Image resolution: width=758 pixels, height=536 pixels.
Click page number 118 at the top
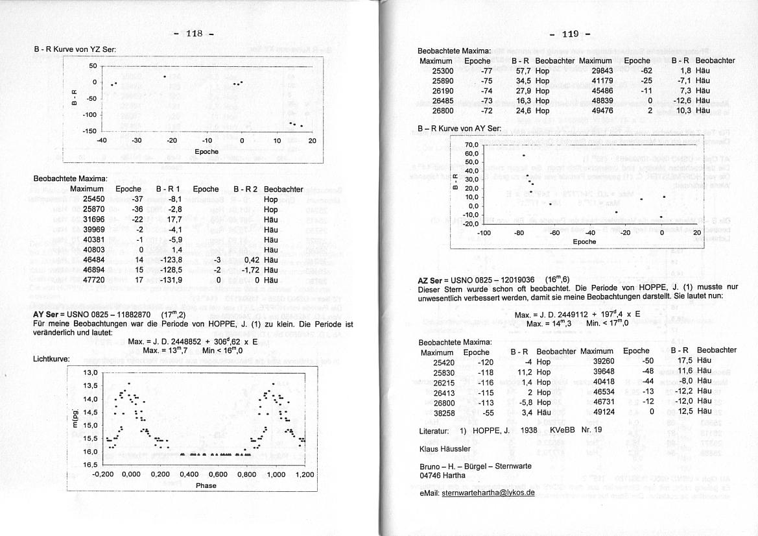tap(195, 34)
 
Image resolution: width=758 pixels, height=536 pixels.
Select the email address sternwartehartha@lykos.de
tap(488, 493)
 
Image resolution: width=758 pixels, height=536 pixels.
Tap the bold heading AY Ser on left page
tap(47, 314)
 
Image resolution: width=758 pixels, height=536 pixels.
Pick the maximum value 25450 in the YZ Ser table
tap(94, 199)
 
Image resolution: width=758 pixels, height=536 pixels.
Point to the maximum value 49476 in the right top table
tap(602, 111)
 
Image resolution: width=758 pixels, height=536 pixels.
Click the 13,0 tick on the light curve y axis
tap(89, 373)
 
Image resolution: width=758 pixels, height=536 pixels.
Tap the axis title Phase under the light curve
tap(206, 485)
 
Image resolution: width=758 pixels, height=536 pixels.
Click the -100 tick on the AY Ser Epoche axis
tap(483, 232)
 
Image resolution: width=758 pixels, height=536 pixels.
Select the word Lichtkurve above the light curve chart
tap(51, 359)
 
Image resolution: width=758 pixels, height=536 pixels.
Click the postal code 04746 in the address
tap(431, 475)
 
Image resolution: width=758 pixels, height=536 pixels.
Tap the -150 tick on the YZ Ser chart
tap(88, 130)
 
